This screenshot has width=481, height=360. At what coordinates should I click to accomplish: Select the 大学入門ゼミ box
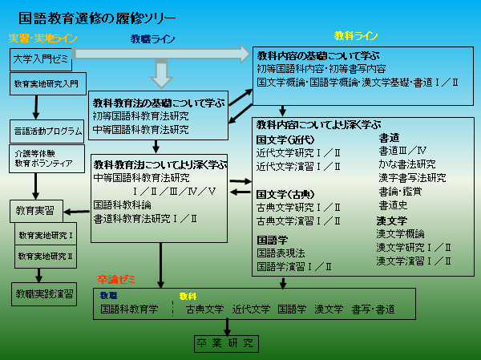[x=41, y=59]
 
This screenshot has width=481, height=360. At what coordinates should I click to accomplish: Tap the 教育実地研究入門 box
[x=46, y=83]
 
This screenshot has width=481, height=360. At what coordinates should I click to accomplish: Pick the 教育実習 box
[x=35, y=210]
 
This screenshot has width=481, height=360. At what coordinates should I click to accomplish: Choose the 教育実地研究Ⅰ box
[x=45, y=236]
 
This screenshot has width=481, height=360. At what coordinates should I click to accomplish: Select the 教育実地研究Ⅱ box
[x=45, y=256]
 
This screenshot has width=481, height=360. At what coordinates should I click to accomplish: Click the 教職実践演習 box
[x=44, y=294]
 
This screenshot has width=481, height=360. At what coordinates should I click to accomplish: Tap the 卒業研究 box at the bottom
[x=228, y=343]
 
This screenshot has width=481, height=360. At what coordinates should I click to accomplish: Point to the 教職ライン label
[x=152, y=38]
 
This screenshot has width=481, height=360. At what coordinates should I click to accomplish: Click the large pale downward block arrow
[x=161, y=75]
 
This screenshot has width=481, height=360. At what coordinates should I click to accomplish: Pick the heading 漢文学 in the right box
[x=392, y=220]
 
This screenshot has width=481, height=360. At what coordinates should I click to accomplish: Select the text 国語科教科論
[x=122, y=204]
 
